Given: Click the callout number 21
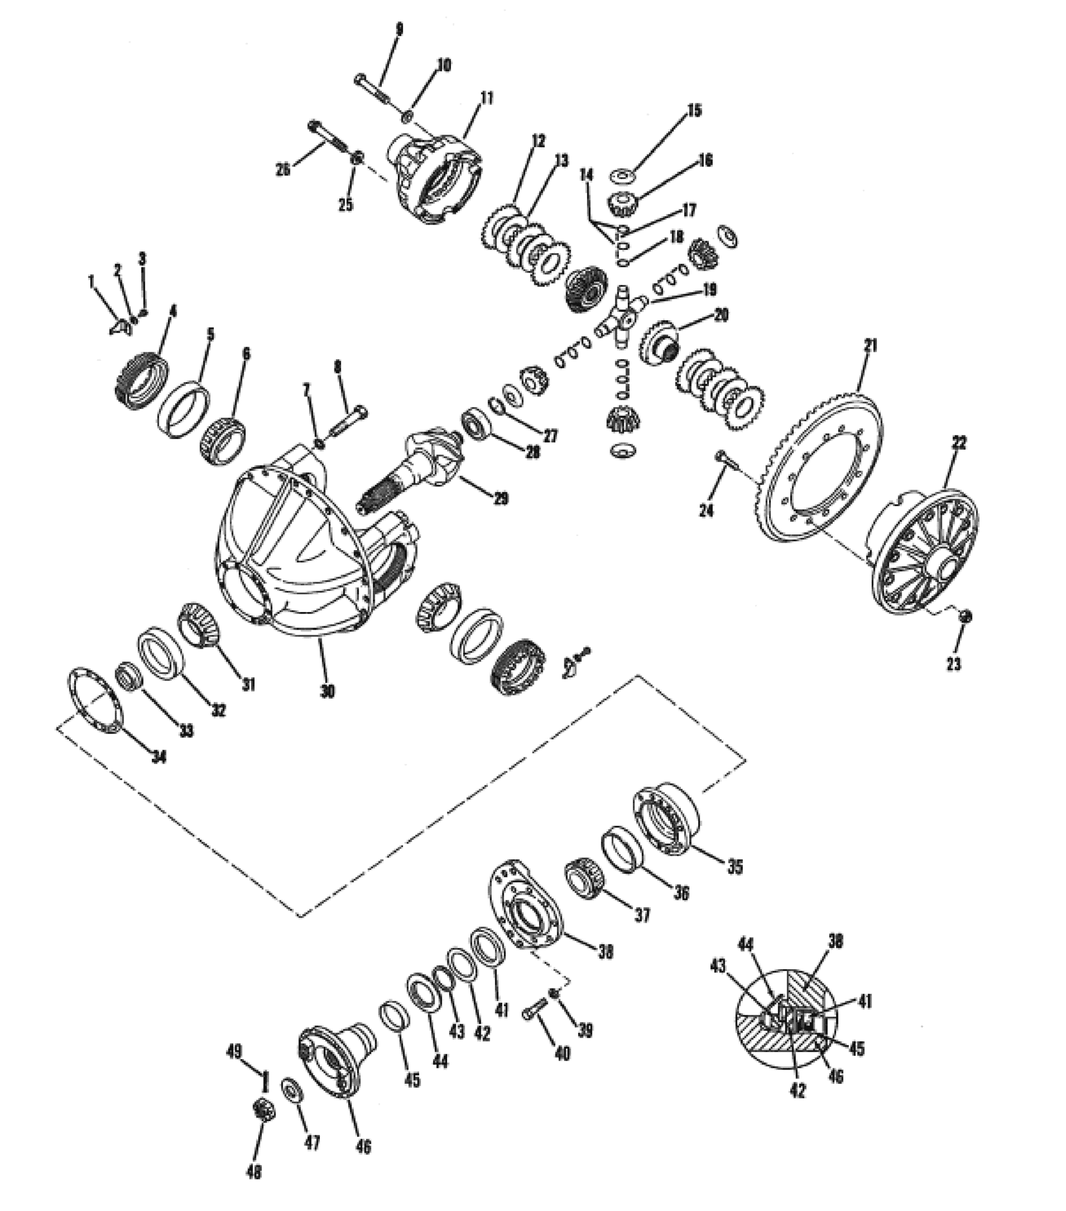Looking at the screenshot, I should pos(870,346).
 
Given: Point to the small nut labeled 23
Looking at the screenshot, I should pos(965,617).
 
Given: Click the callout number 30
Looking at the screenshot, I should pos(326,691).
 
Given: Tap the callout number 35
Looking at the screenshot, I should pos(734,867).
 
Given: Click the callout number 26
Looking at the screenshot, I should pos(284,170).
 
